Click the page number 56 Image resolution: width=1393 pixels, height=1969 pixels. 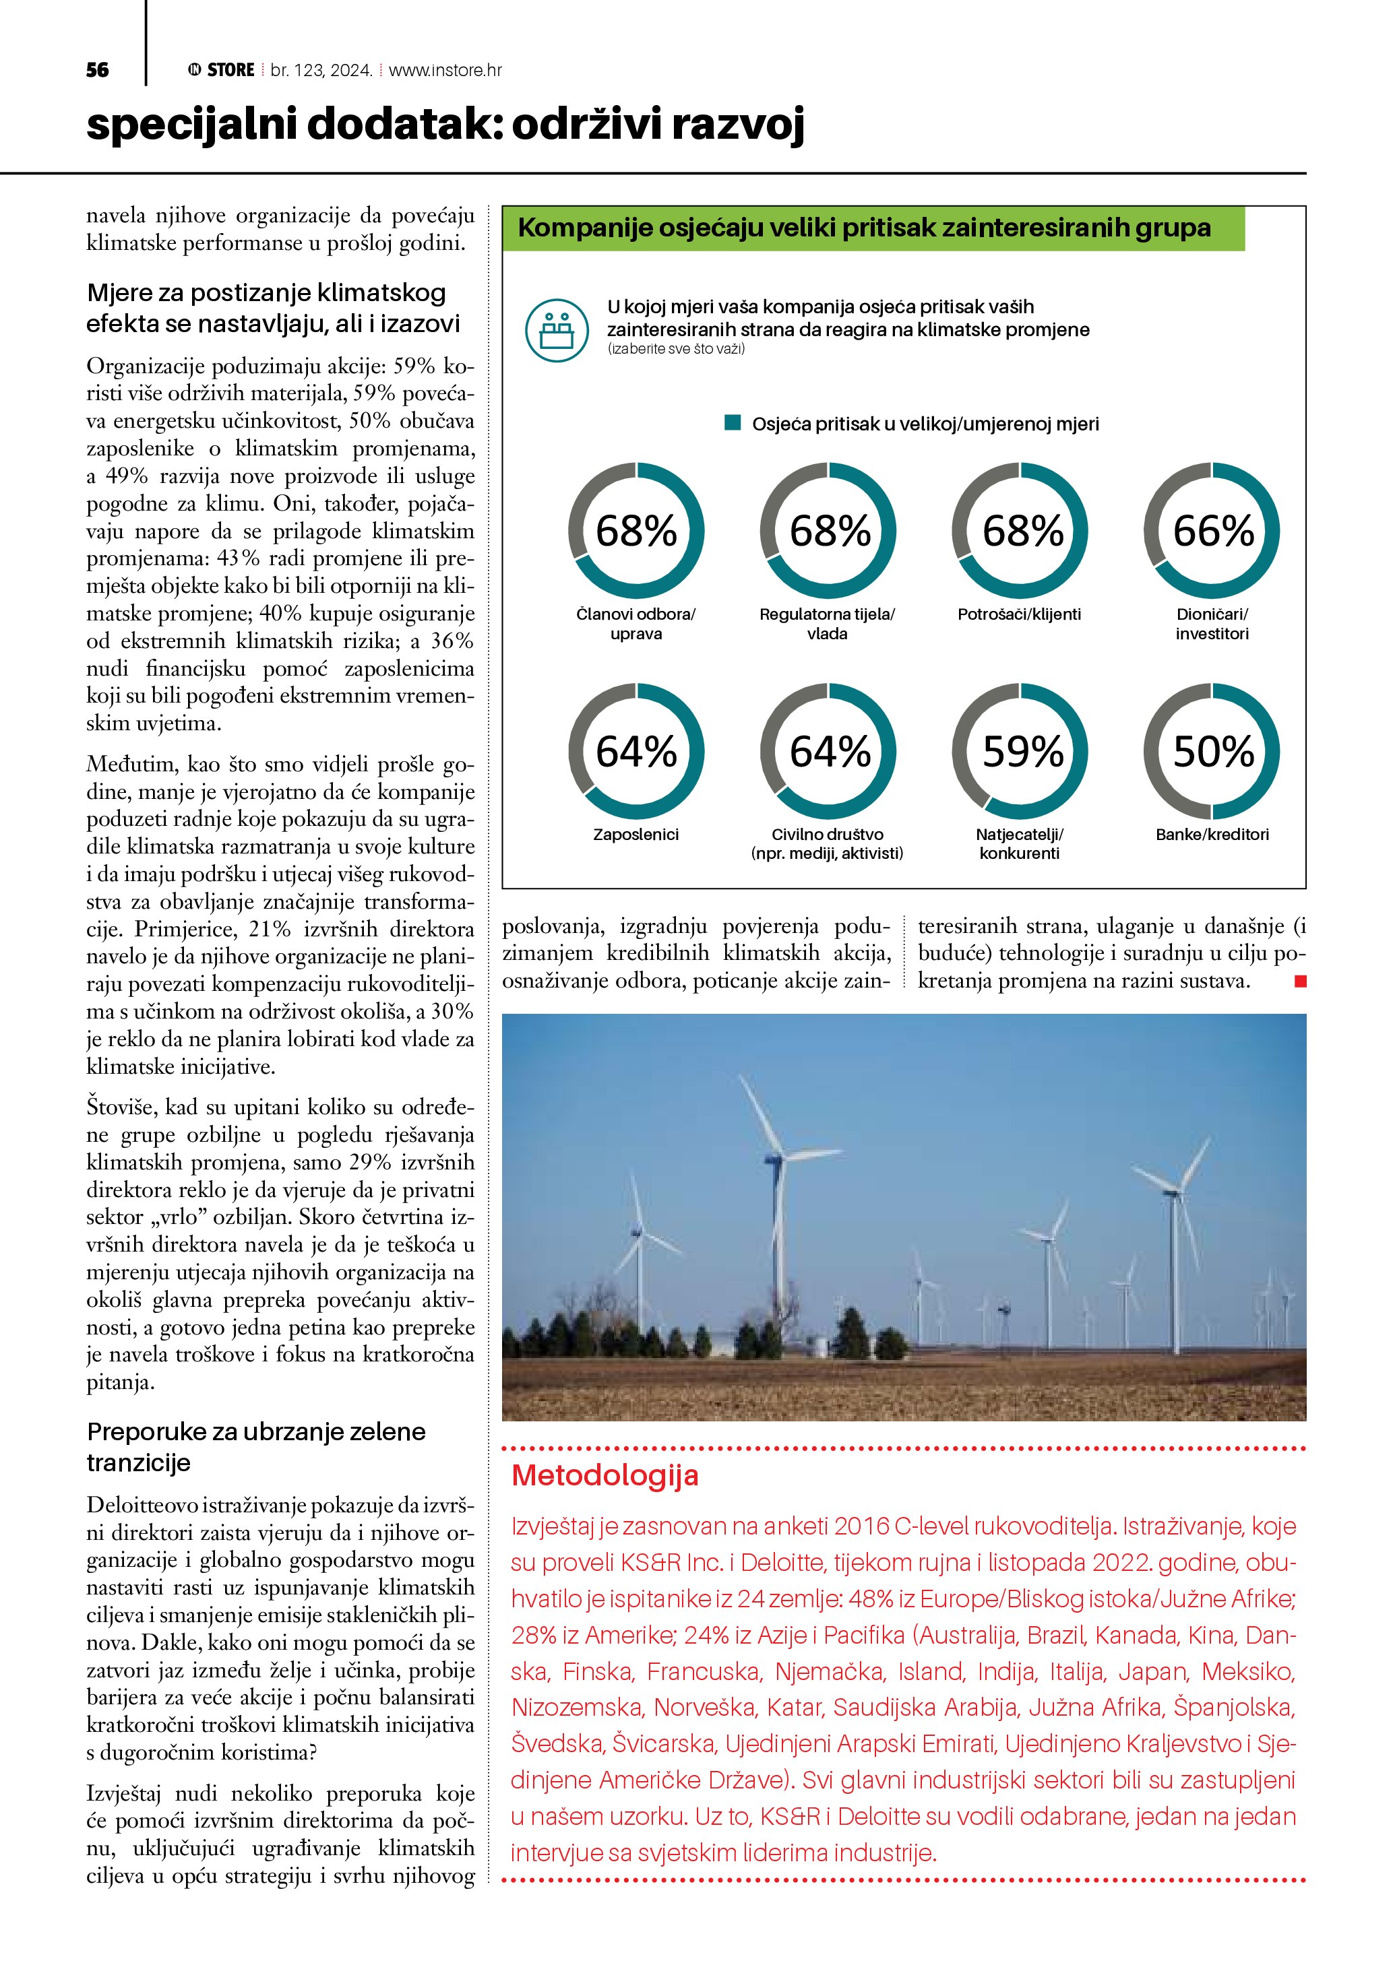click(98, 70)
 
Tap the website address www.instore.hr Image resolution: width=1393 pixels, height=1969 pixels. click(445, 70)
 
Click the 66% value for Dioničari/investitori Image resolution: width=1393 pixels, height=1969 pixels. click(1213, 531)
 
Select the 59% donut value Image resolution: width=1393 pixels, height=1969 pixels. click(1022, 751)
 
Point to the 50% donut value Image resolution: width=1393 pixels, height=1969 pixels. click(1213, 751)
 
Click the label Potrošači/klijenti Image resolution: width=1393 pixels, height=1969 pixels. click(1019, 614)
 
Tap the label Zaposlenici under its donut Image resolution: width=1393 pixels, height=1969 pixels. click(636, 835)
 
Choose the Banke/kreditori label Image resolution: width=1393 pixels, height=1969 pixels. click(1212, 835)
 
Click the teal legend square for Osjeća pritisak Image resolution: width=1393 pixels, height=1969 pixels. click(733, 423)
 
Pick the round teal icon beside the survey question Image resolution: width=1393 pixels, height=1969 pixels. click(557, 329)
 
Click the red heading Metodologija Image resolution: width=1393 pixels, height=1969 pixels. click(605, 1475)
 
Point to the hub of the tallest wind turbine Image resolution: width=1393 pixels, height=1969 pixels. click(774, 1158)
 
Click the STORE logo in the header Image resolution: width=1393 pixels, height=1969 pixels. click(222, 70)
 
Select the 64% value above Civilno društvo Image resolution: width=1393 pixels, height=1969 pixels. click(830, 751)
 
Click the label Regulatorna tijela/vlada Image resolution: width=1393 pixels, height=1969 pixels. click(827, 624)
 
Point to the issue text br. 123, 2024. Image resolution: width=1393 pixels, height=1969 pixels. click(321, 70)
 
